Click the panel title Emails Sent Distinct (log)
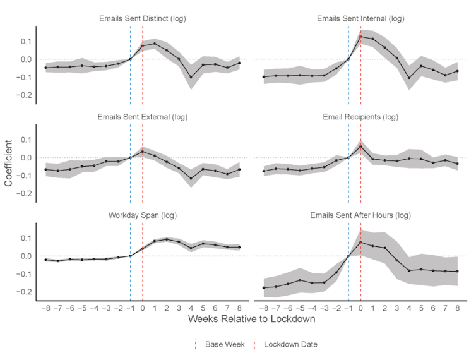click(x=143, y=18)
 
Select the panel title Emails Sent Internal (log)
click(x=360, y=18)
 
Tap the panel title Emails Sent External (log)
click(x=143, y=117)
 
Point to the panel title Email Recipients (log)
click(x=360, y=117)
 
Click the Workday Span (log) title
click(x=143, y=215)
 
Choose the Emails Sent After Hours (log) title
click(x=360, y=215)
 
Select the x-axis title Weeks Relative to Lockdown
click(x=251, y=320)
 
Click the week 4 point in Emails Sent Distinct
click(x=191, y=78)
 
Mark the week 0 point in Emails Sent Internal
click(x=360, y=37)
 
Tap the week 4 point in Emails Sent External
click(x=191, y=179)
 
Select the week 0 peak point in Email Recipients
click(x=360, y=147)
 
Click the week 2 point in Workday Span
click(x=167, y=239)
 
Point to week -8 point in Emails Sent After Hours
click(x=264, y=287)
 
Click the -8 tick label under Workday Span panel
click(x=45, y=308)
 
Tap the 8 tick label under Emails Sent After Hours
click(x=456, y=308)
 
